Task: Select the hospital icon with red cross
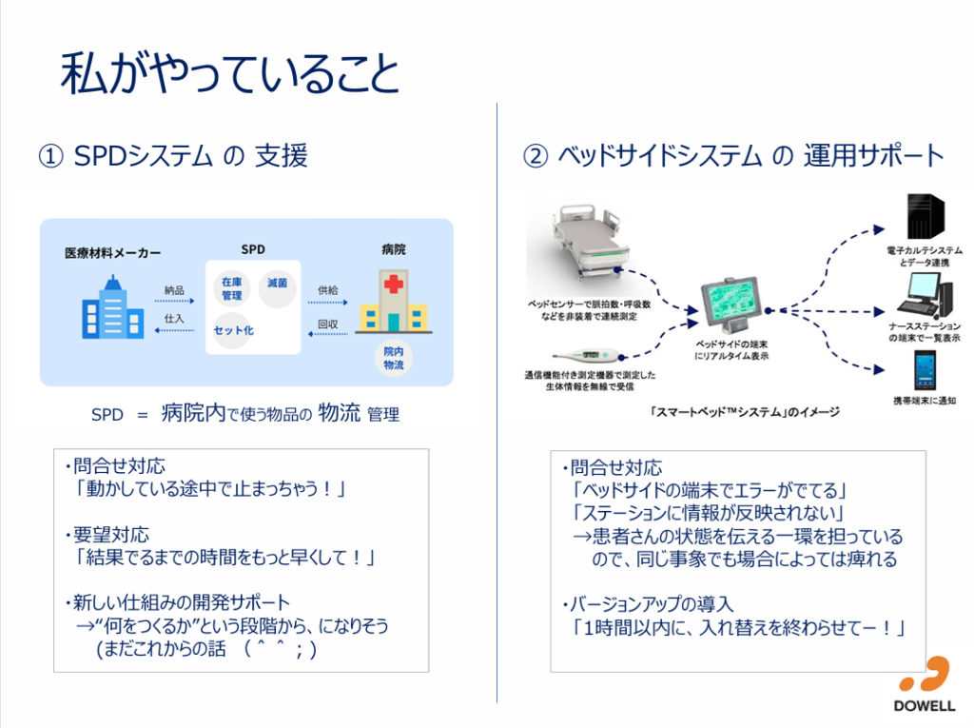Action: (391, 302)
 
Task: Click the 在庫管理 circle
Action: (232, 288)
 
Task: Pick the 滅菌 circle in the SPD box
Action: (278, 285)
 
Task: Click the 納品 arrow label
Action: (173, 290)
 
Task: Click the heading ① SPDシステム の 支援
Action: (172, 155)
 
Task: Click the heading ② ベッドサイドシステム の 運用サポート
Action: (733, 155)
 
